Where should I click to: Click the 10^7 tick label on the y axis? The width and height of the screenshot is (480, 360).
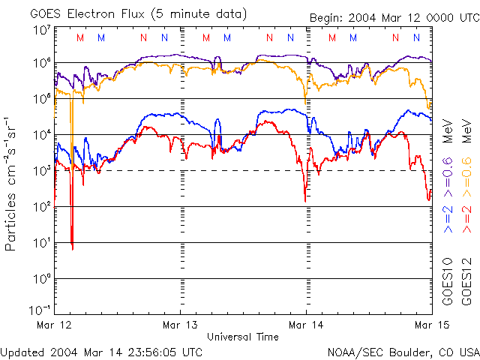click(41, 30)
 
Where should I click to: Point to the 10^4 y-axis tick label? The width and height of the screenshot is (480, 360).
click(41, 134)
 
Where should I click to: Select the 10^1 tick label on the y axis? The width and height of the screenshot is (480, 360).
click(41, 242)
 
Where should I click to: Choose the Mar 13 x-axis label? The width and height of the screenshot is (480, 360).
click(180, 325)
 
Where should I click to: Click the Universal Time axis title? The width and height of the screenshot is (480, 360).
click(243, 337)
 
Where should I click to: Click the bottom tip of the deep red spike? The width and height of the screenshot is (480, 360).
click(72, 248)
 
